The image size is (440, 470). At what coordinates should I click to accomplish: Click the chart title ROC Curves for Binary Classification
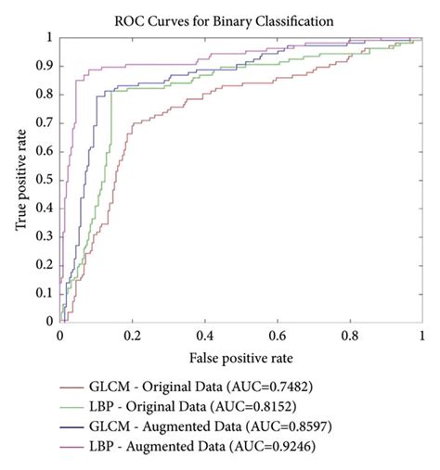(239, 19)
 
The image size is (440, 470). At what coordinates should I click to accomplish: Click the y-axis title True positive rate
(20, 178)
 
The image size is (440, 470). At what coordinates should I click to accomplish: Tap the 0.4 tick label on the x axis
(205, 335)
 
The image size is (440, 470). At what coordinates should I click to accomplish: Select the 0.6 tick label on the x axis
(278, 335)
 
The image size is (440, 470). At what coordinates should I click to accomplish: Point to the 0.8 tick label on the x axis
(350, 335)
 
